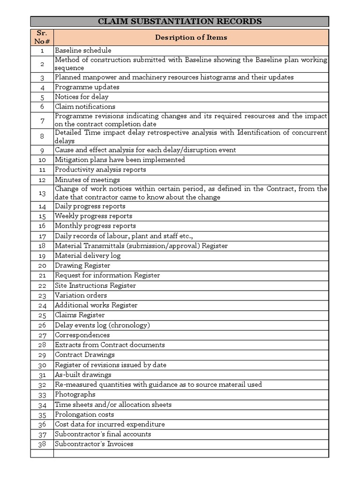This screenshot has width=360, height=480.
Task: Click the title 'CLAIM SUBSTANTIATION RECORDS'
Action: [x=180, y=22]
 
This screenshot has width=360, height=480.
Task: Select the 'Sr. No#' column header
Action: [x=42, y=37]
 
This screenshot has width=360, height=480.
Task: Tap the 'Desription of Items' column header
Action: [x=191, y=37]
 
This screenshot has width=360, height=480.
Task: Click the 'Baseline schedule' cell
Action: [x=83, y=50]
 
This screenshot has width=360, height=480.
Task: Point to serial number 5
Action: [x=42, y=97]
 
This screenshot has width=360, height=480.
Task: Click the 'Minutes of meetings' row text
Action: [x=87, y=180]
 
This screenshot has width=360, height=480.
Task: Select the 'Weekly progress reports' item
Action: [x=93, y=216]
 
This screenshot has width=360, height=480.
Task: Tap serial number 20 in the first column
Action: [x=42, y=266]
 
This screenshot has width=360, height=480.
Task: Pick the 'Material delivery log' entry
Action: [x=88, y=255]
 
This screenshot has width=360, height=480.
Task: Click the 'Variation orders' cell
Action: [x=81, y=295]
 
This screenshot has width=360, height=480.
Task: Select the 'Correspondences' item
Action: [x=83, y=335]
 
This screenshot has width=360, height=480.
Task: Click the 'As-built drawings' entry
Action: [x=83, y=375]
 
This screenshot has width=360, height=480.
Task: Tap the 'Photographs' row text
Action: [x=75, y=394]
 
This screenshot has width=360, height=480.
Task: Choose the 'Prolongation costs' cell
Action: [x=84, y=414]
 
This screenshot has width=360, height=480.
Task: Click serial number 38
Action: [x=42, y=444]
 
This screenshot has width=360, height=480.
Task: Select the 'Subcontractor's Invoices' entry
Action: [x=94, y=444]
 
